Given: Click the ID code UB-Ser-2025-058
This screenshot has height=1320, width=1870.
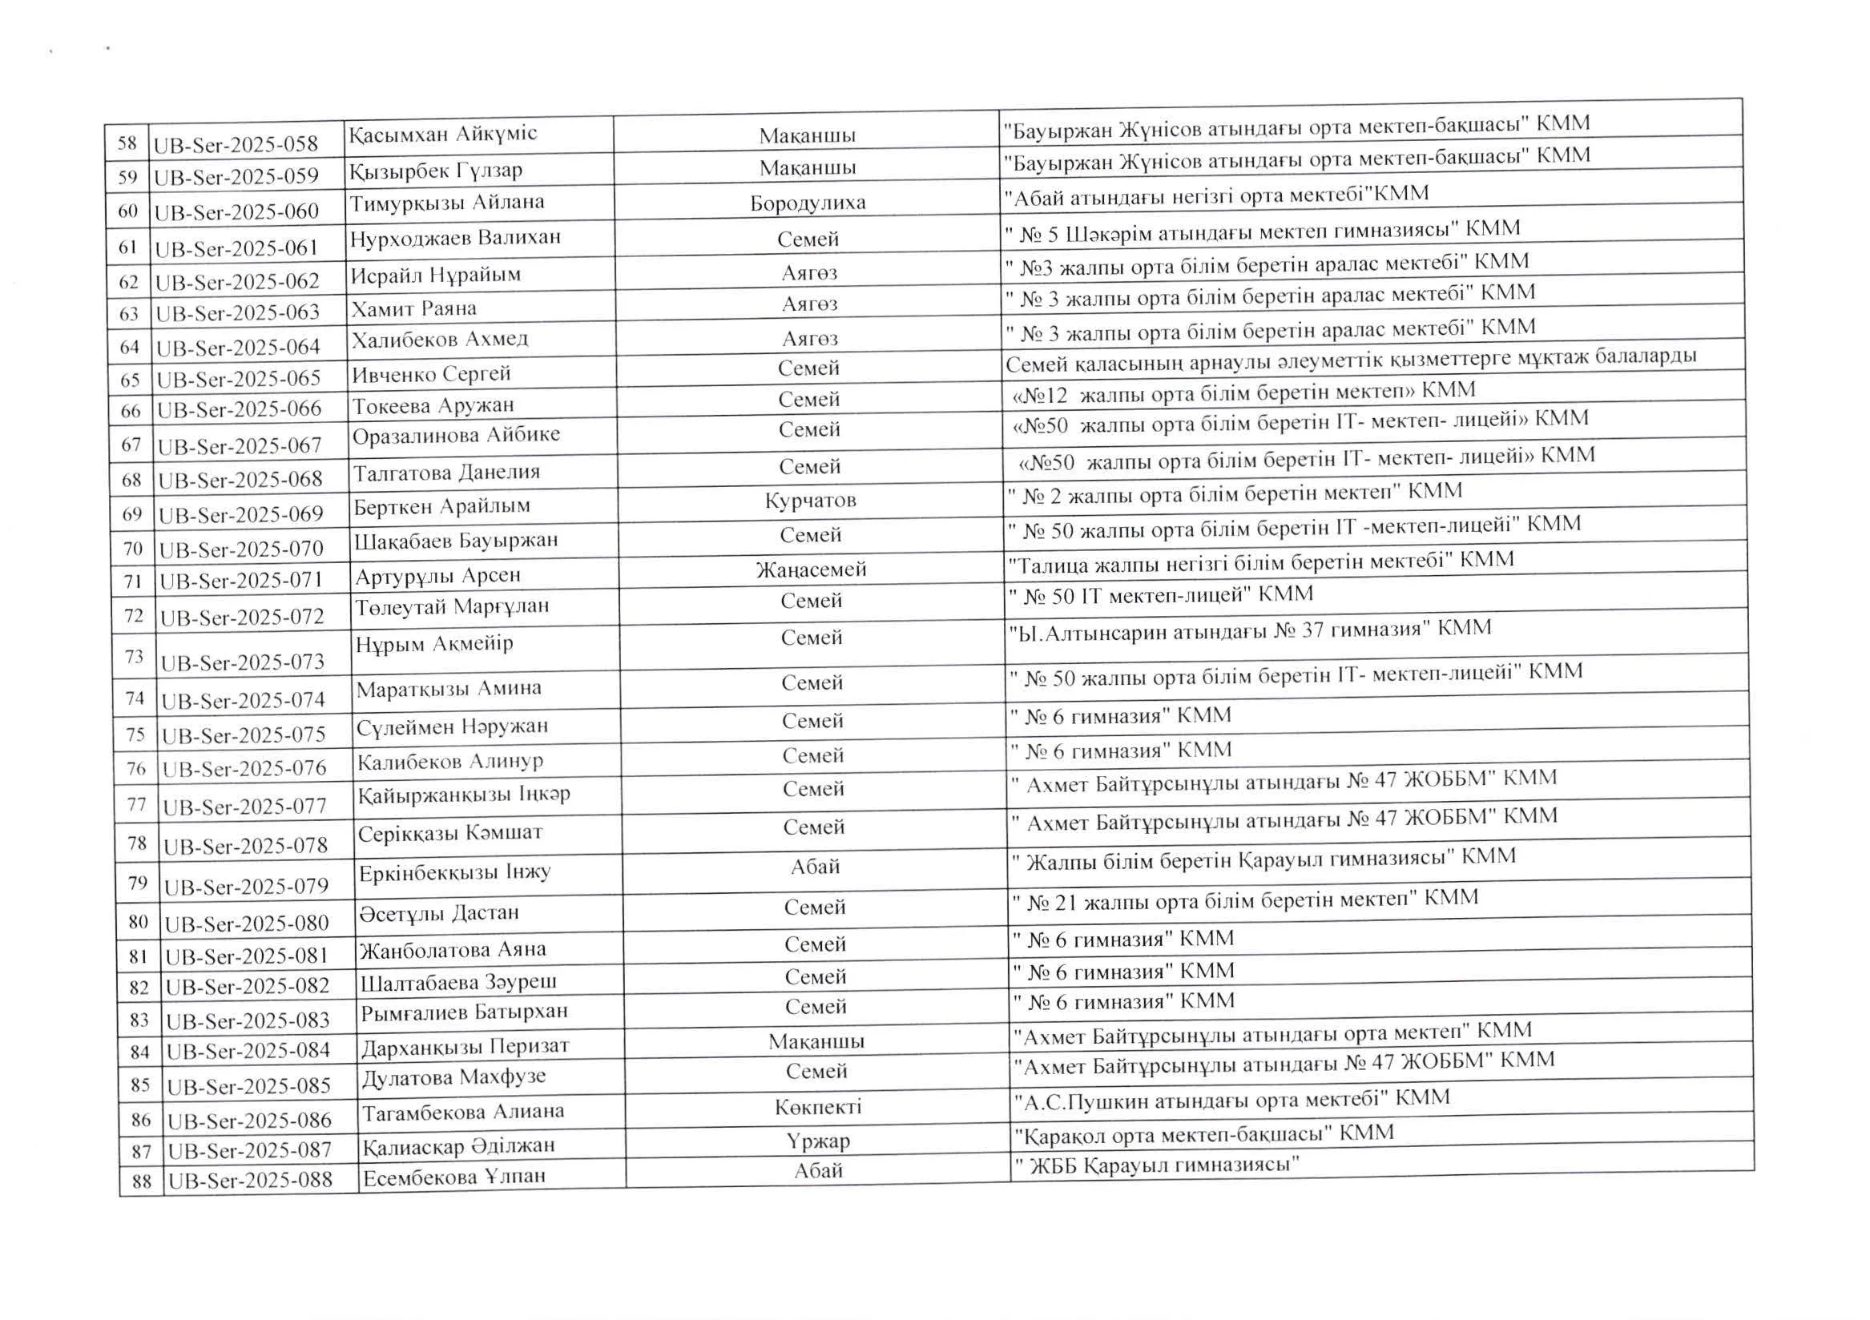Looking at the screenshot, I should click(x=236, y=145).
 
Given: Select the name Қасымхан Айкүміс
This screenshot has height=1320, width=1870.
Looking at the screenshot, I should click(x=443, y=134).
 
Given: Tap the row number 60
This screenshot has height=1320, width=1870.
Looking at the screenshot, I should click(x=128, y=211).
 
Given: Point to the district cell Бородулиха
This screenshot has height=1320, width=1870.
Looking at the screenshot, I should click(x=807, y=203).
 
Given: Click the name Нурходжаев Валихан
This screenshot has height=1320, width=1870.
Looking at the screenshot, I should click(x=455, y=238).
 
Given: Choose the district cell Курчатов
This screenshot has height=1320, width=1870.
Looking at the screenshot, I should click(x=810, y=500).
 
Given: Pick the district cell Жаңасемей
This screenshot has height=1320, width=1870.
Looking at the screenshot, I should click(x=811, y=569).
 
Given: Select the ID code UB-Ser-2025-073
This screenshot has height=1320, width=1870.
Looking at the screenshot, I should click(x=243, y=663).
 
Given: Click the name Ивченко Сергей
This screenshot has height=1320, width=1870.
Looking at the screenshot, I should click(x=432, y=374).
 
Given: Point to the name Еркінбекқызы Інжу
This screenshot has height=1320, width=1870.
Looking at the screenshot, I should click(x=454, y=872).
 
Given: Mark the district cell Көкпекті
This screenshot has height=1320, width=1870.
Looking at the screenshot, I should click(x=818, y=1107).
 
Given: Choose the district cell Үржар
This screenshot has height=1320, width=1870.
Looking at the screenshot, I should click(x=818, y=1141).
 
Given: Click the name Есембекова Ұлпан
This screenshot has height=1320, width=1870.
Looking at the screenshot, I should click(x=453, y=1177).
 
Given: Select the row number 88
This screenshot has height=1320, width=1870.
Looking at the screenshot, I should click(x=141, y=1180).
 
